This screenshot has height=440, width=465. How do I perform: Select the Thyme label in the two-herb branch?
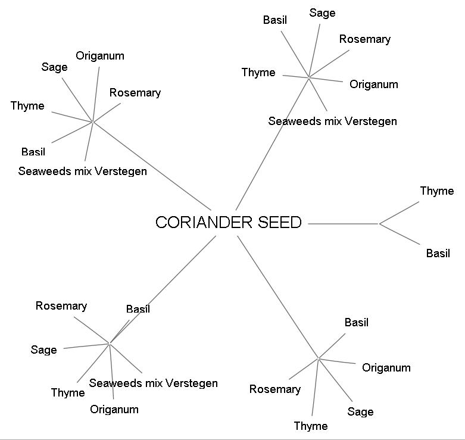[436, 191]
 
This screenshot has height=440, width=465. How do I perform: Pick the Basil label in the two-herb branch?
[438, 254]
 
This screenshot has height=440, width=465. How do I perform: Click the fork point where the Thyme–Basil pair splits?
[379, 224]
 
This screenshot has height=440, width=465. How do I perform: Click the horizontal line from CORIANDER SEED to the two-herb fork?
[344, 224]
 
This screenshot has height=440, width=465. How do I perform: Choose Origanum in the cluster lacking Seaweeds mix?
[386, 368]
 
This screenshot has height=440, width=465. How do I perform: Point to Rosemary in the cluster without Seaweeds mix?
[274, 389]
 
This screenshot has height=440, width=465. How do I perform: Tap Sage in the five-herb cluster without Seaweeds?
[360, 412]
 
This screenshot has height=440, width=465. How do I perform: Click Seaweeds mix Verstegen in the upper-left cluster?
[82, 171]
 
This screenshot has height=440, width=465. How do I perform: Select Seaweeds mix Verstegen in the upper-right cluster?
[332, 121]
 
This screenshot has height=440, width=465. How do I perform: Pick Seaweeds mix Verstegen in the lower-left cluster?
[153, 383]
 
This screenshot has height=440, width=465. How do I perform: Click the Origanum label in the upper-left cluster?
[100, 56]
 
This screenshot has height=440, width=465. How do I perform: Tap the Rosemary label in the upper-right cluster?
[364, 39]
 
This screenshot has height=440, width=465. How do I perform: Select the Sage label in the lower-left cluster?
[43, 350]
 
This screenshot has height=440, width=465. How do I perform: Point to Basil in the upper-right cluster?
[274, 20]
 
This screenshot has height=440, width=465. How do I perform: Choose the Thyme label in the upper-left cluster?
[27, 106]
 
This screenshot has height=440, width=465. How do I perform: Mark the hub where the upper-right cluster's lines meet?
[308, 76]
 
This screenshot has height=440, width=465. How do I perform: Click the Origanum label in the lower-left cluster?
[114, 410]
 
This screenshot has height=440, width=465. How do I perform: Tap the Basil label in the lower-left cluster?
[138, 309]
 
